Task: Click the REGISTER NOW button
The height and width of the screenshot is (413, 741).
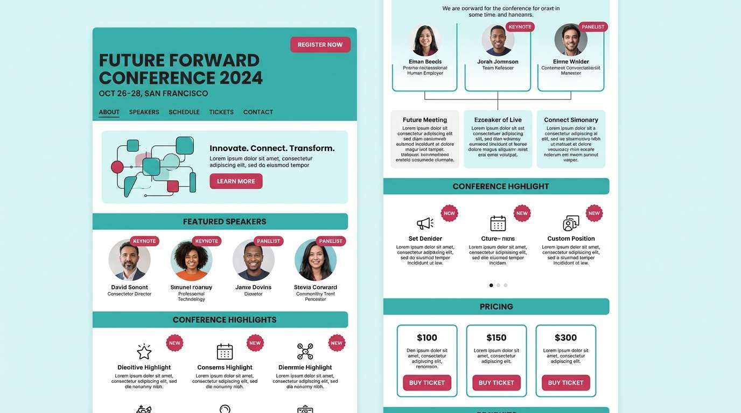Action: (x=320, y=45)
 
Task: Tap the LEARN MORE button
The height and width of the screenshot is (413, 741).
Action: (x=236, y=181)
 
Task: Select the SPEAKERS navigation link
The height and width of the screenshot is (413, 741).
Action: (x=144, y=112)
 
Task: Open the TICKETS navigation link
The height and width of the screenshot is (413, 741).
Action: (x=221, y=112)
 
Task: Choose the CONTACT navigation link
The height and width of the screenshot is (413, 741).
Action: (x=258, y=112)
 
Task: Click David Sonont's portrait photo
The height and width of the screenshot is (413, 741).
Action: (x=129, y=260)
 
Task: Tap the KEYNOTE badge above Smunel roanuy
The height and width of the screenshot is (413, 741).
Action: (x=206, y=241)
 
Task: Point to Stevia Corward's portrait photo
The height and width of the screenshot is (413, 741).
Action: (x=316, y=260)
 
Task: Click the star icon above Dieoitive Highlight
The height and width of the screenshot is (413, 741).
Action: (x=144, y=352)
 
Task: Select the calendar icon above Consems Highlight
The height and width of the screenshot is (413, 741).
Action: (x=225, y=352)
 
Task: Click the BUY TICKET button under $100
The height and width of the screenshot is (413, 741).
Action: (x=427, y=383)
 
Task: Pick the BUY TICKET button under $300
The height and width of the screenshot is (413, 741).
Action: (x=565, y=383)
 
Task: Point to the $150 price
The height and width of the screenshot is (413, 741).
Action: (x=496, y=338)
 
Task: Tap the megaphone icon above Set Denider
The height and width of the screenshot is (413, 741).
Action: (x=425, y=223)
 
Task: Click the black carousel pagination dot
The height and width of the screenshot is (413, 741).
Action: (x=491, y=285)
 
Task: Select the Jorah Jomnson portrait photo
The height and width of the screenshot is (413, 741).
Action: (x=498, y=40)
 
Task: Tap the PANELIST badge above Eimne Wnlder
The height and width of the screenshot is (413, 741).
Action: (x=593, y=27)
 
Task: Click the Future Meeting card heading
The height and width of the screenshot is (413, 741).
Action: (x=425, y=120)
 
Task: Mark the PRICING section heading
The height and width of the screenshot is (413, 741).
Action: (x=496, y=307)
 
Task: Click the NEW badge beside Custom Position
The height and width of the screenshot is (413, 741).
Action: (x=594, y=213)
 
